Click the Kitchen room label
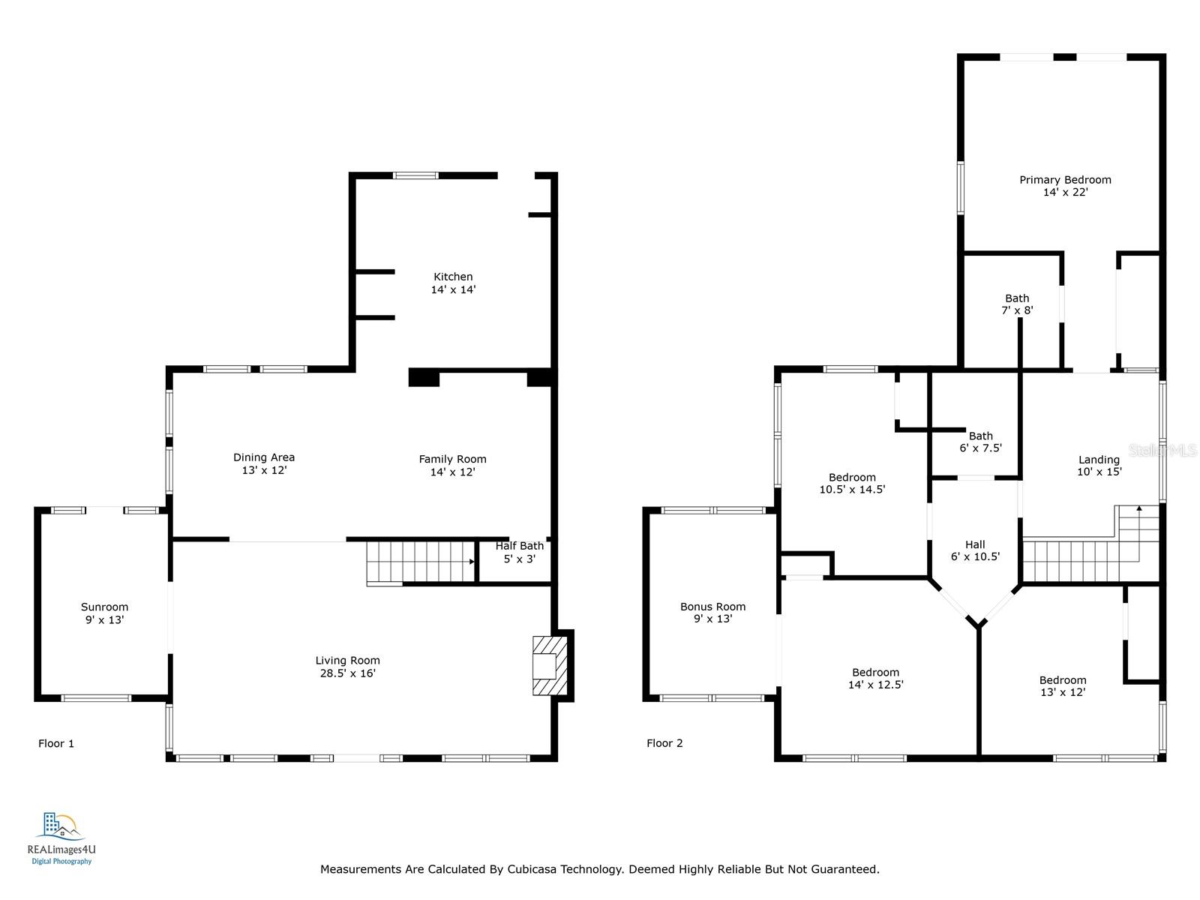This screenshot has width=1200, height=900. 453,277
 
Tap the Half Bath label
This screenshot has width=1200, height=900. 519,545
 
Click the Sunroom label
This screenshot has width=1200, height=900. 104,607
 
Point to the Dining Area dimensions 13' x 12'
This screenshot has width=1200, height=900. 264,470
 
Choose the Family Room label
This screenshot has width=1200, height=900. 453,459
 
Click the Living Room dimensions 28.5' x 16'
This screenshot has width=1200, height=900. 348,673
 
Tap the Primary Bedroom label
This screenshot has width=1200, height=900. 1065,180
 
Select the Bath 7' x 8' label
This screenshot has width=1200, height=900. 1017,304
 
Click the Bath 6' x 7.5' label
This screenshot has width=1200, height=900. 981,442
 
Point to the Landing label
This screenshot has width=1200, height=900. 1099,460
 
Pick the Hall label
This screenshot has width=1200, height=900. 975,544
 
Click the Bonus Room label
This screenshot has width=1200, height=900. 713,607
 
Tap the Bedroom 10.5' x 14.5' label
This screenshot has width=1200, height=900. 852,484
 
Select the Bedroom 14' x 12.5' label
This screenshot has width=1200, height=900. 875,679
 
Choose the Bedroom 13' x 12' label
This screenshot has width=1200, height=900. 1063,686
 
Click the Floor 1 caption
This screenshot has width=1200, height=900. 55,743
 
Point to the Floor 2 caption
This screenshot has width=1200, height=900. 664,743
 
